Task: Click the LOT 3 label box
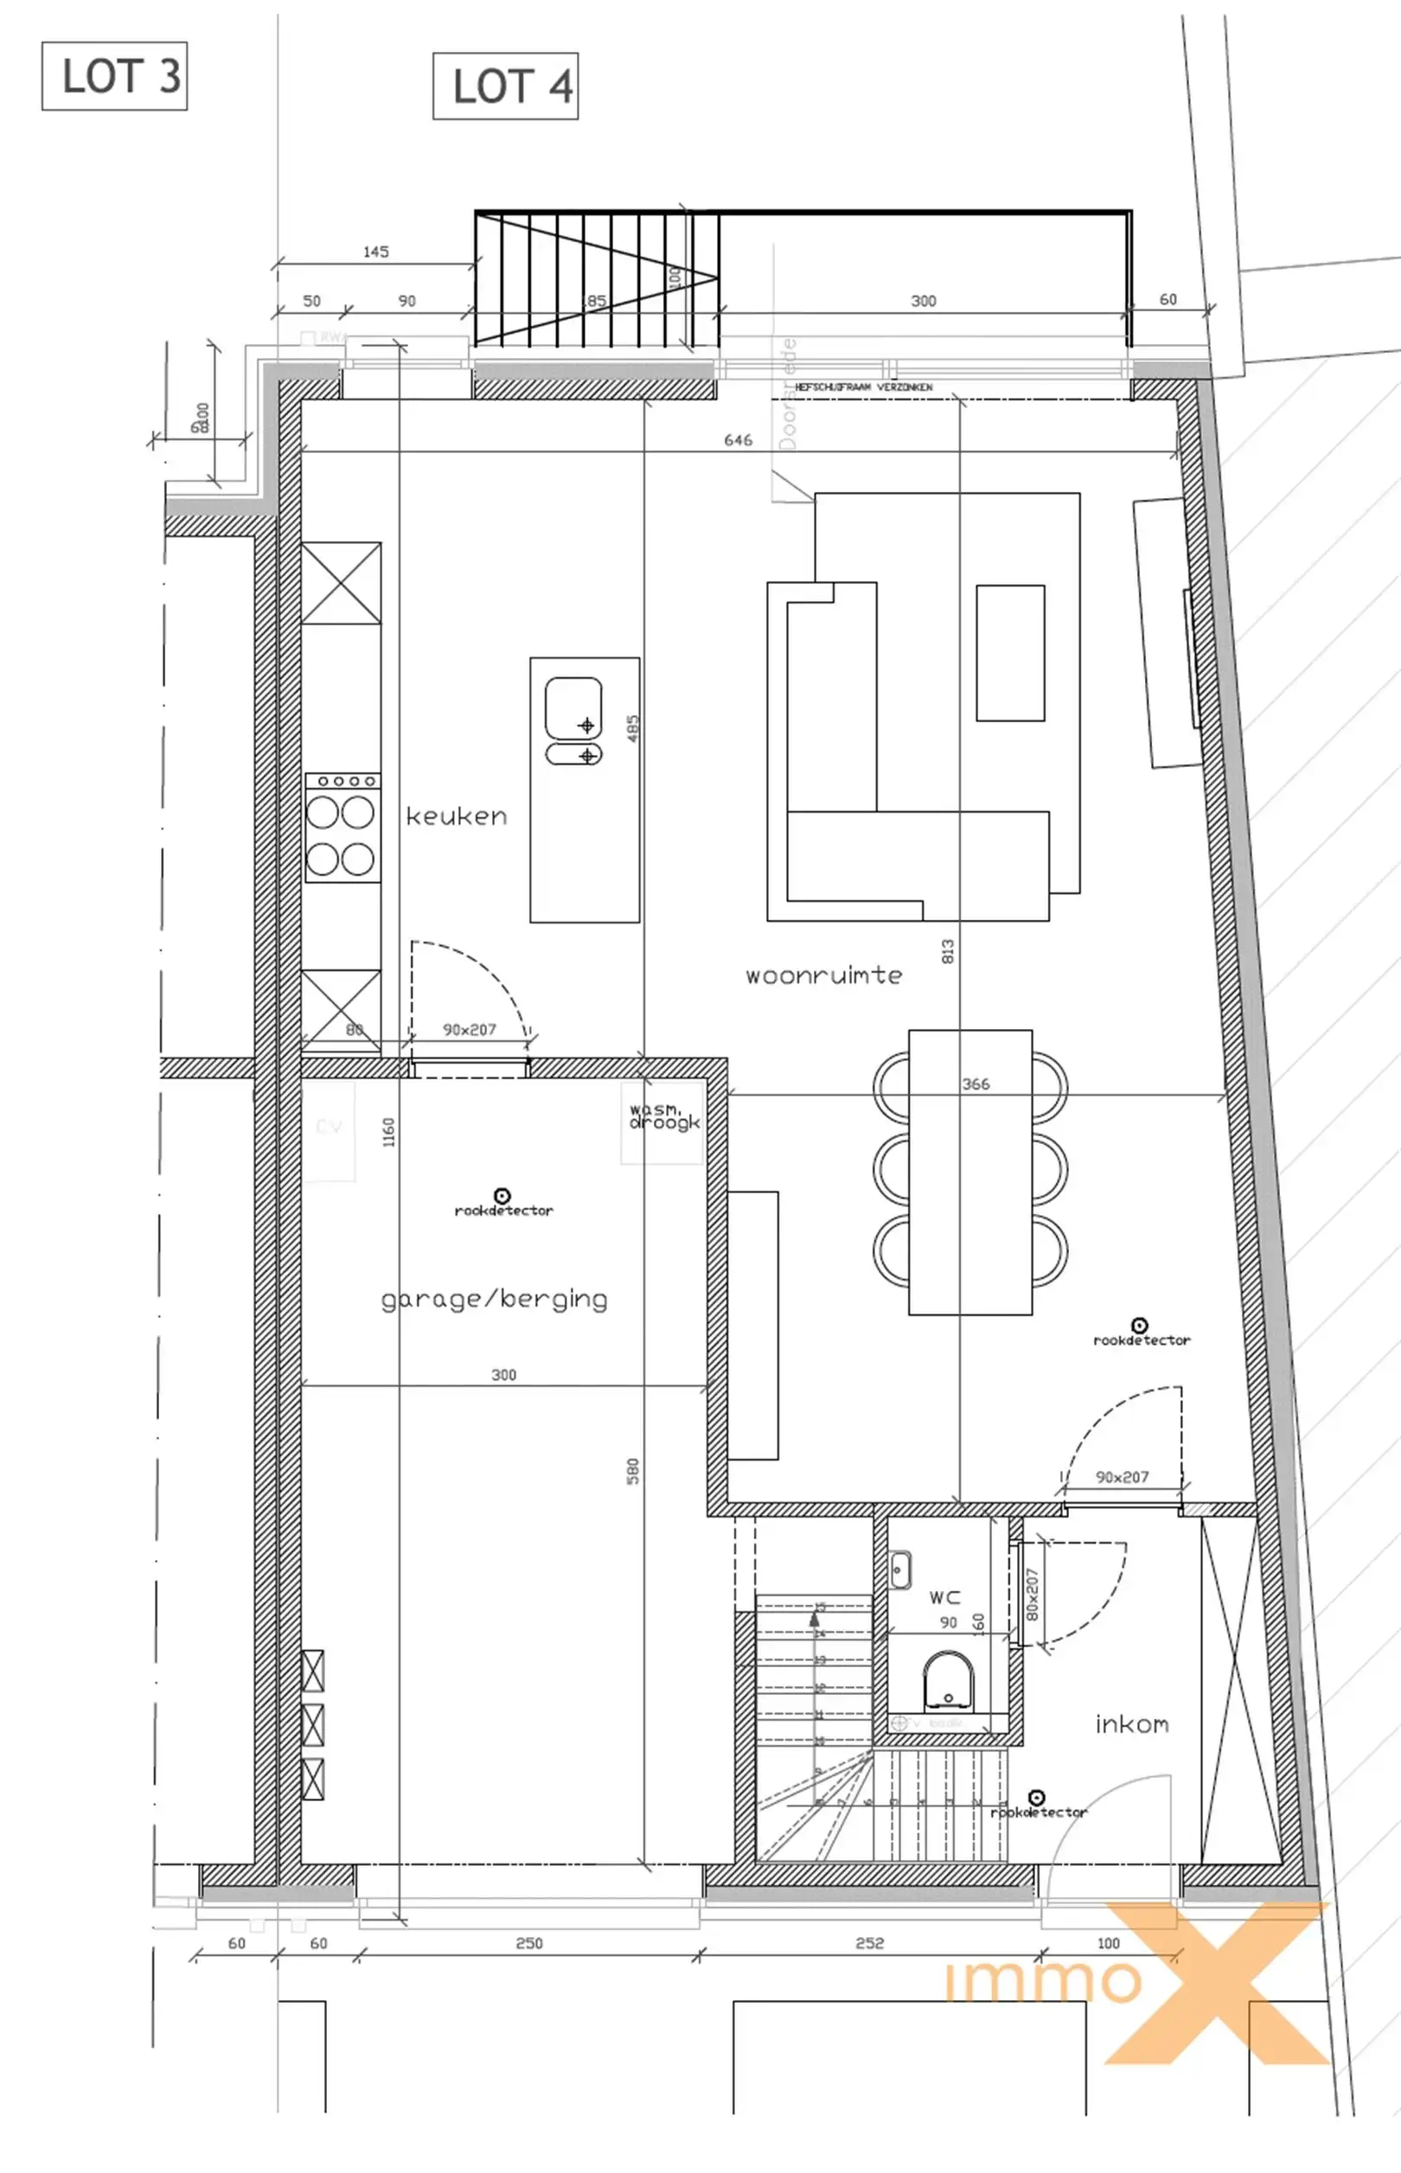[x=115, y=76]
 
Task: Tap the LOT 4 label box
[x=506, y=86]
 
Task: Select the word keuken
[x=456, y=817]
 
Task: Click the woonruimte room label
[x=823, y=976]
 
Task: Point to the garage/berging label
[x=494, y=1299]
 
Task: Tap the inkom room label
[x=1132, y=1724]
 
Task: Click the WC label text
[x=944, y=1597]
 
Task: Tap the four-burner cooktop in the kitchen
[x=341, y=828]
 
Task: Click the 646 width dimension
[x=738, y=440]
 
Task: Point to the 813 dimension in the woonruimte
[x=947, y=951]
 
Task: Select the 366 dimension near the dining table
[x=976, y=1084]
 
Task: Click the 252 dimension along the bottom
[x=869, y=1943]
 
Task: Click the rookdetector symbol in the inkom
[x=1036, y=1799]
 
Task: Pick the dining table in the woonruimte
[x=969, y=1172]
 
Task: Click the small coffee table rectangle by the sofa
[x=1010, y=653]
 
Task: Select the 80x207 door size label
[x=1032, y=1594]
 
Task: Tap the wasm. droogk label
[x=664, y=1116]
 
